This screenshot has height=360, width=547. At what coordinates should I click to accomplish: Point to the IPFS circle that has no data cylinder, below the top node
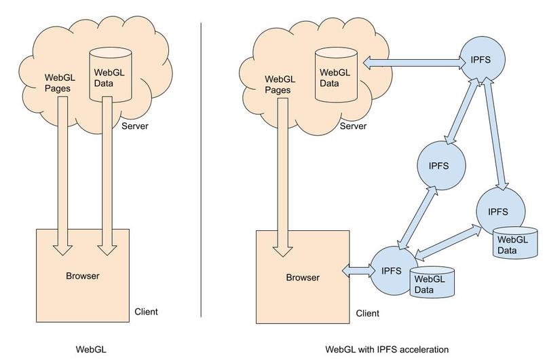442,165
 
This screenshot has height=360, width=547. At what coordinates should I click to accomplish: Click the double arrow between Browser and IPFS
358,270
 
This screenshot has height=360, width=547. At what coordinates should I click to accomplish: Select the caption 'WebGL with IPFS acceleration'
387,349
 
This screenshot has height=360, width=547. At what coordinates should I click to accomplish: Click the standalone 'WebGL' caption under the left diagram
90,349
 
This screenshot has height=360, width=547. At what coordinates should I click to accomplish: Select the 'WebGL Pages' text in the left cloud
58,82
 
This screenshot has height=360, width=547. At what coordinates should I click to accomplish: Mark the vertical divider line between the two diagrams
202,170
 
